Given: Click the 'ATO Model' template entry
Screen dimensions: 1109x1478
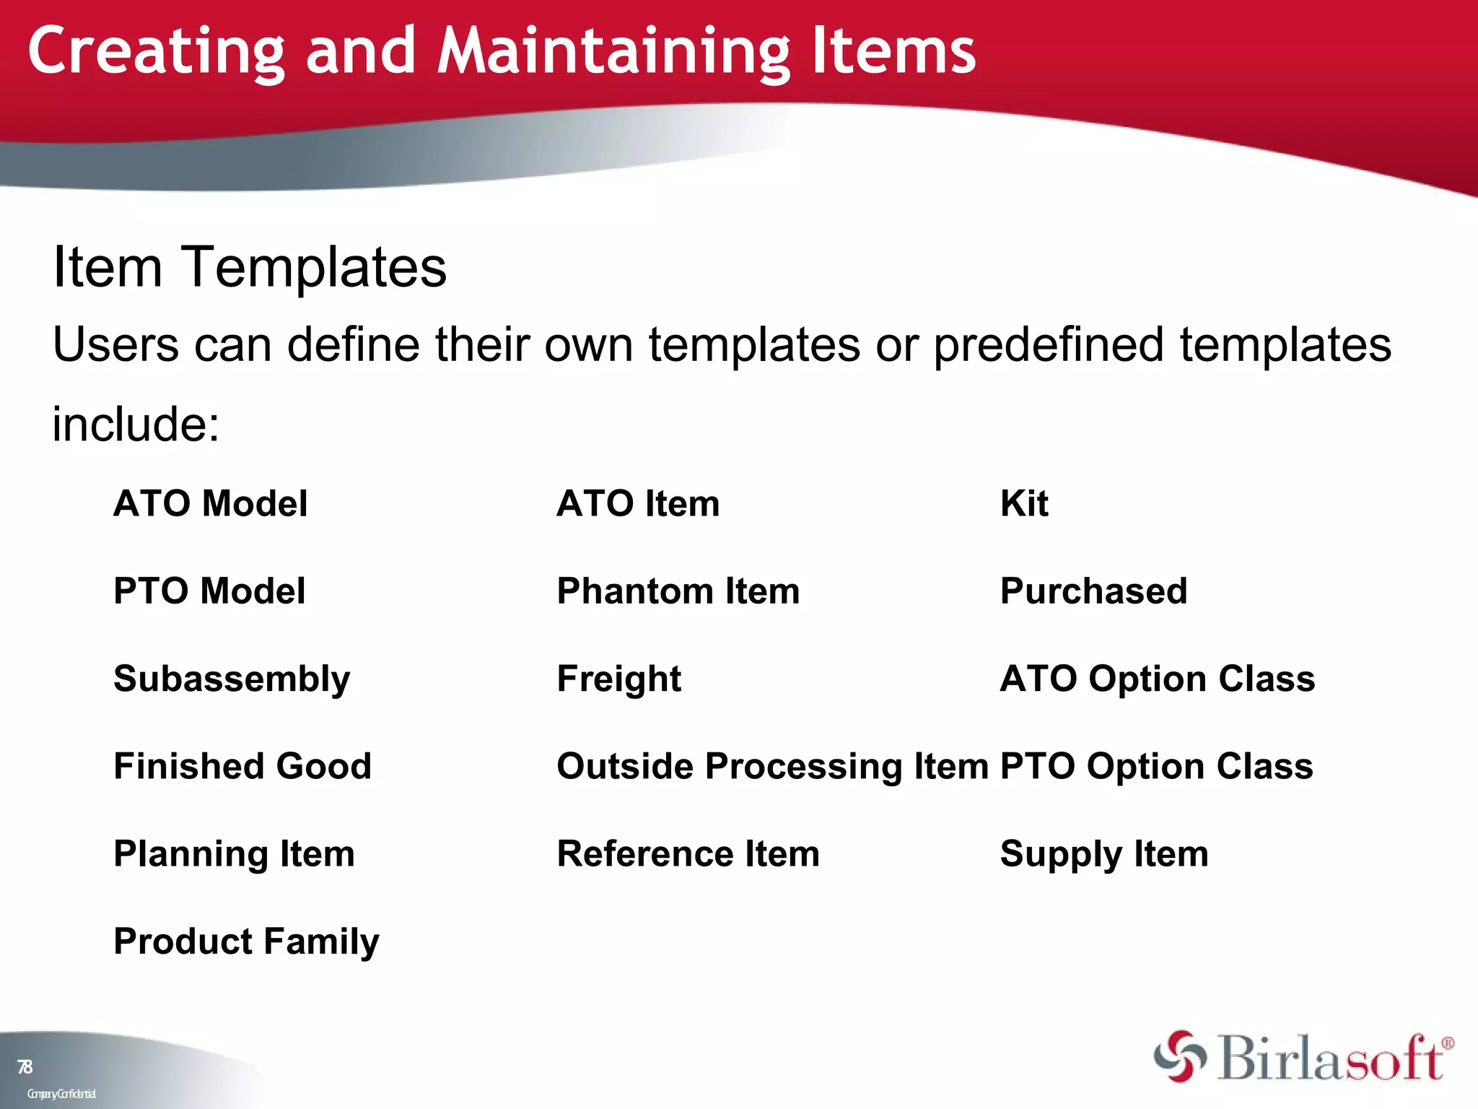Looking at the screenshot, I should click(210, 503).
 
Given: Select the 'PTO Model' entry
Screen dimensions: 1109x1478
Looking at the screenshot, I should click(209, 591).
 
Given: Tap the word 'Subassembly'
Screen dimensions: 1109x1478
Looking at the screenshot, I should click(232, 679).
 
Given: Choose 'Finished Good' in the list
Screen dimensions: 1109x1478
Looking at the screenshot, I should click(242, 766).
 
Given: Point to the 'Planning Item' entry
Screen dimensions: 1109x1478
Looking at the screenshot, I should click(234, 853).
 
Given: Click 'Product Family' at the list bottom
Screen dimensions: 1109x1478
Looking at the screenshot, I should click(246, 941).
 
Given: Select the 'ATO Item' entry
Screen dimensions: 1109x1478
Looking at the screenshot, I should click(638, 503).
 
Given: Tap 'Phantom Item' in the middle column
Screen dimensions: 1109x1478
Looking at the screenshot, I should click(678, 591).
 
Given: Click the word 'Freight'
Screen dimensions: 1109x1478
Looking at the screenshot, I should click(618, 679).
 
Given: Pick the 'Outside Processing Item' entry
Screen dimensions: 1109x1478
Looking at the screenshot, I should click(772, 766).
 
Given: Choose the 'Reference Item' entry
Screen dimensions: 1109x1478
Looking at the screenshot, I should click(688, 853).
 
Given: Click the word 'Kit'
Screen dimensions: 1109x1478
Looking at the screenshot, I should click(1023, 503).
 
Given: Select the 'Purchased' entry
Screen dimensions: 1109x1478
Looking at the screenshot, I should click(1093, 591).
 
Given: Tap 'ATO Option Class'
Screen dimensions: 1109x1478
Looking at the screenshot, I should click(1157, 679).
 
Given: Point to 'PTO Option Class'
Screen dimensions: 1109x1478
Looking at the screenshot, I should click(1156, 766).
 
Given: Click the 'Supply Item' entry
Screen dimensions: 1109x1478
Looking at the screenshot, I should click(1103, 853).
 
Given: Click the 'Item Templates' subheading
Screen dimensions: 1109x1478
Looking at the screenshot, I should click(250, 267).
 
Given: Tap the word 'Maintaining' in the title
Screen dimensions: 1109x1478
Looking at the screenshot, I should click(613, 52).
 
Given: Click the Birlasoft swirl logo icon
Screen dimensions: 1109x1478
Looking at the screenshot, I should click(1179, 1056).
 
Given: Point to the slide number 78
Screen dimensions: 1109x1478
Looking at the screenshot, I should click(25, 1066).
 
